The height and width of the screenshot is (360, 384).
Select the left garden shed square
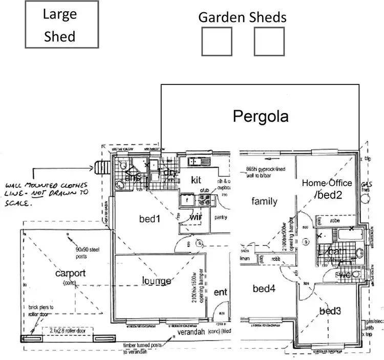[217, 41]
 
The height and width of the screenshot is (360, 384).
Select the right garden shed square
[269, 41]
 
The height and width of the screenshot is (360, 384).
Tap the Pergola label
[261, 117]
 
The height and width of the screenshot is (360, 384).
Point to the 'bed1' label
[150, 219]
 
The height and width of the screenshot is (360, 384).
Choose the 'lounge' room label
[156, 280]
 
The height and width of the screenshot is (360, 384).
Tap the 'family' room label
[264, 201]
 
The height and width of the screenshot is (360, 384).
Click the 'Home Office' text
[327, 183]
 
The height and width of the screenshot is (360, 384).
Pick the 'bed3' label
[330, 311]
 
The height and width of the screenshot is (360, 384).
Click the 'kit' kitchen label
[198, 179]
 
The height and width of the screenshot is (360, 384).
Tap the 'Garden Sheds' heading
[242, 17]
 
